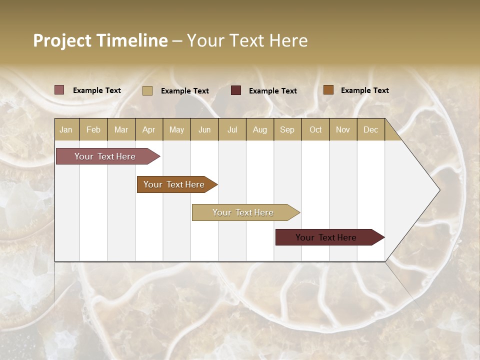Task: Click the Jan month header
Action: click(x=66, y=129)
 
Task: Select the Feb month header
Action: click(x=93, y=129)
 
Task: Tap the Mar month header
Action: click(x=121, y=129)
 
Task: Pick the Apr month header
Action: click(x=149, y=129)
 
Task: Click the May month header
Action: click(x=176, y=129)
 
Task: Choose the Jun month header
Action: click(x=204, y=129)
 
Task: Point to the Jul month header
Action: click(x=232, y=129)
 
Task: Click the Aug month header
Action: click(x=259, y=129)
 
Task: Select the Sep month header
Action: click(x=287, y=129)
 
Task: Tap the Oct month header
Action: click(x=315, y=129)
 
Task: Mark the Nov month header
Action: click(x=343, y=129)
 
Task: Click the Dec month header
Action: click(x=370, y=129)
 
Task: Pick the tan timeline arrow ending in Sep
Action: click(x=243, y=212)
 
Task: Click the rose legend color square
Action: click(x=59, y=90)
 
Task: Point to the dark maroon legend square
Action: click(x=236, y=90)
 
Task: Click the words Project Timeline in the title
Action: click(x=100, y=40)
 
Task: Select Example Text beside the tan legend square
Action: click(x=185, y=90)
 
